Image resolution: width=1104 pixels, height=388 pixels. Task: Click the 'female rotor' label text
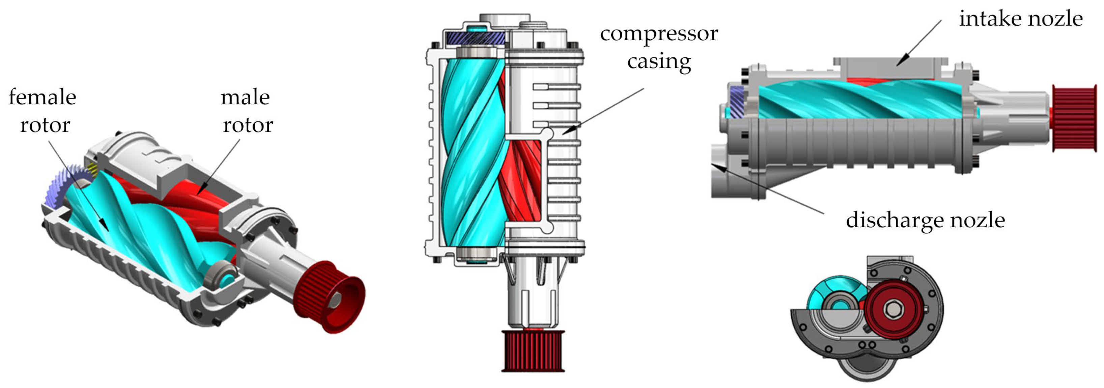coord(43,111)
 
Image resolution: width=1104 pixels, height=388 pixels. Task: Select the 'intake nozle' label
coord(1020,19)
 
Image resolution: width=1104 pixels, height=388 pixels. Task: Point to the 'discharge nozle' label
coord(925,220)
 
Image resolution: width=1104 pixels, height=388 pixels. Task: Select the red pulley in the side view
coord(1074,118)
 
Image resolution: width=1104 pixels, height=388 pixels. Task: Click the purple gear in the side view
coord(736,101)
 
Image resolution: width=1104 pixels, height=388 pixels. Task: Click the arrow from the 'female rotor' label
coord(77,185)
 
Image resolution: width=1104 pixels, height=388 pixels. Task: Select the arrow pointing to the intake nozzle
coord(919,43)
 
